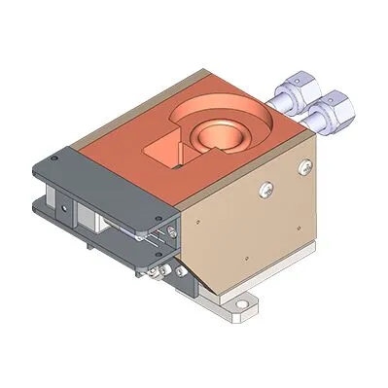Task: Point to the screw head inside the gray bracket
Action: [x=172, y=229]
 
